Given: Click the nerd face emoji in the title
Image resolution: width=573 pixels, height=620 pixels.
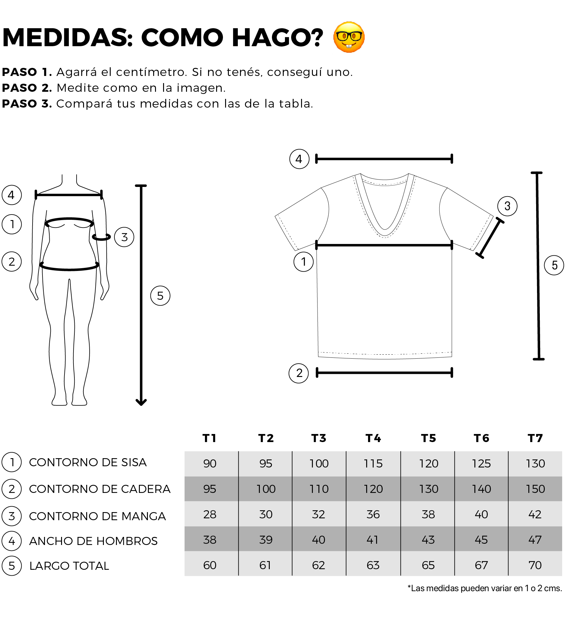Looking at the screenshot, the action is tap(349, 37).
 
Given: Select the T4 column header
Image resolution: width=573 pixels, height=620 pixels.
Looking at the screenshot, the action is tap(373, 438).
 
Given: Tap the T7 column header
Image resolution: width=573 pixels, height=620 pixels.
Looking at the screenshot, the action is tap(535, 438).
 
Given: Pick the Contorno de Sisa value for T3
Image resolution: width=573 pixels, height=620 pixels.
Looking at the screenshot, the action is tap(319, 463).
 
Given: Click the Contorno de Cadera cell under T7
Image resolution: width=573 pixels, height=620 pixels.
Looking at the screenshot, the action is tap(535, 489).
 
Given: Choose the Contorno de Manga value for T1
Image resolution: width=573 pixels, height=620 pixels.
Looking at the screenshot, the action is tap(210, 514).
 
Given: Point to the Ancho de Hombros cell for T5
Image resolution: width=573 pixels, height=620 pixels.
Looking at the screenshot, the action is tap(428, 540).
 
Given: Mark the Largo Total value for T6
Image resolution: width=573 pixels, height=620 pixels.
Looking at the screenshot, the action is tap(481, 565).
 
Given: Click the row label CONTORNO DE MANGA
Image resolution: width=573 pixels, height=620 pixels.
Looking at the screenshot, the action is tap(97, 516).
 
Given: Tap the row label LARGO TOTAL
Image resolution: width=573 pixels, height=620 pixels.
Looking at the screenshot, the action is tap(69, 566).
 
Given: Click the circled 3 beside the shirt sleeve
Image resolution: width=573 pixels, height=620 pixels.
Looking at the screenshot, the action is tap(507, 206).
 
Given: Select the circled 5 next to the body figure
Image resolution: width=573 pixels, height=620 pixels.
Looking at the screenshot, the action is tap(160, 296).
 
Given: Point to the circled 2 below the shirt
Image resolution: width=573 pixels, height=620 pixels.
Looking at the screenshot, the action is tap(299, 373).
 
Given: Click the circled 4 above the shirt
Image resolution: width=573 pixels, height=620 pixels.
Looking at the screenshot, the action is tap(299, 159).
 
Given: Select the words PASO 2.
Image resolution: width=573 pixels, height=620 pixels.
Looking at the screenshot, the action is tap(27, 88).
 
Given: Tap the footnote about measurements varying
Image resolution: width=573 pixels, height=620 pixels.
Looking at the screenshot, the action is tap(485, 588).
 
